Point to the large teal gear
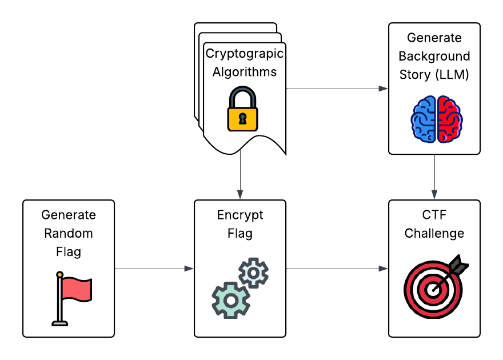pyautogui.click(x=231, y=299)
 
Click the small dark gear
pyautogui.click(x=253, y=273)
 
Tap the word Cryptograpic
pyautogui.click(x=244, y=54)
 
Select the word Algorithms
pyautogui.click(x=244, y=72)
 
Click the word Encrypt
pyautogui.click(x=240, y=215)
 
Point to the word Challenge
pyautogui.click(x=434, y=233)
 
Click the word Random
pyautogui.click(x=69, y=233)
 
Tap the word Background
pyautogui.click(x=434, y=56)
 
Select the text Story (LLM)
pyautogui.click(x=434, y=74)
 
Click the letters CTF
pyautogui.click(x=434, y=215)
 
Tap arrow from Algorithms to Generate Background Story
pyautogui.click(x=337, y=89)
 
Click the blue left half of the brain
pyautogui.click(x=424, y=119)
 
